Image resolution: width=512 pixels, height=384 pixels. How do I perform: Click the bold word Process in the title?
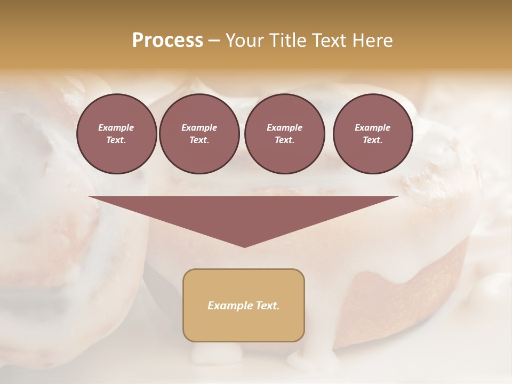click(x=167, y=41)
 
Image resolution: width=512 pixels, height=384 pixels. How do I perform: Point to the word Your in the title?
click(x=243, y=41)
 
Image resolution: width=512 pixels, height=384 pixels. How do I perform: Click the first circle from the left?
click(x=116, y=134)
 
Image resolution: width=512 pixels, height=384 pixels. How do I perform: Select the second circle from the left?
click(x=199, y=134)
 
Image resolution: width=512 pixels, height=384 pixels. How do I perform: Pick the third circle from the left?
click(x=284, y=134)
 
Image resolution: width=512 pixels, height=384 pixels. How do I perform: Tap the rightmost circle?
click(x=372, y=134)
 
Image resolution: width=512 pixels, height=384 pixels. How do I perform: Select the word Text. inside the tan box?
click(x=269, y=306)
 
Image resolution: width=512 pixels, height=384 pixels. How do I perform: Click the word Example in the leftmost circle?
click(x=116, y=127)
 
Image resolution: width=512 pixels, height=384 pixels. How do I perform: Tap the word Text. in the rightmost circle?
click(x=372, y=140)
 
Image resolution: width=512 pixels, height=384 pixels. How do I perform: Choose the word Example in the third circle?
click(x=284, y=127)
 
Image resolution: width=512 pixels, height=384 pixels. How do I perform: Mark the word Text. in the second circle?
click(x=199, y=140)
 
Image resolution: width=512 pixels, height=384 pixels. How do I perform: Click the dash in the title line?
click(x=214, y=41)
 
